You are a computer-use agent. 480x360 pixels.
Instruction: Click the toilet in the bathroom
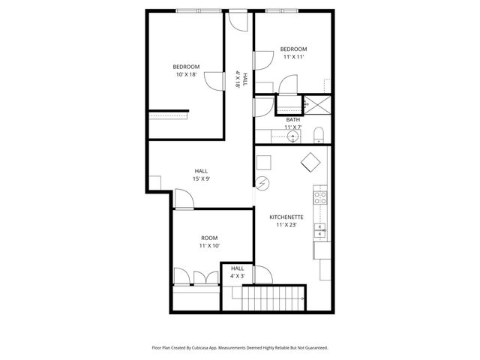[318, 136]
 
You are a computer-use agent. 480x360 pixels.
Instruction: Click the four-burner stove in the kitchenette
[320, 198]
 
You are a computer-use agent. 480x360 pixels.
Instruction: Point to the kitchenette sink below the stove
[320, 229]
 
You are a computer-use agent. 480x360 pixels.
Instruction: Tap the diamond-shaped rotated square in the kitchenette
[309, 162]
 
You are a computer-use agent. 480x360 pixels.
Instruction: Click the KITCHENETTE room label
[288, 217]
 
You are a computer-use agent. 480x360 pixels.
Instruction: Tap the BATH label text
[292, 120]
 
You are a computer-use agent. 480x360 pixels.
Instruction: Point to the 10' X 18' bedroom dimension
[185, 74]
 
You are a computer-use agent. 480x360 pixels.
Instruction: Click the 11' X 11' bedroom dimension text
[294, 57]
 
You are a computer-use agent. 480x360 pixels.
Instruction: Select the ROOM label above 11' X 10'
[208, 238]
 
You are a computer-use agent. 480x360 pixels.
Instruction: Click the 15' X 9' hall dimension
[201, 178]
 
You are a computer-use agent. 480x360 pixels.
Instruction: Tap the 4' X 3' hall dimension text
[237, 276]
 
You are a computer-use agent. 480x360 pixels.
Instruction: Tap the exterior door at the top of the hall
[238, 20]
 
